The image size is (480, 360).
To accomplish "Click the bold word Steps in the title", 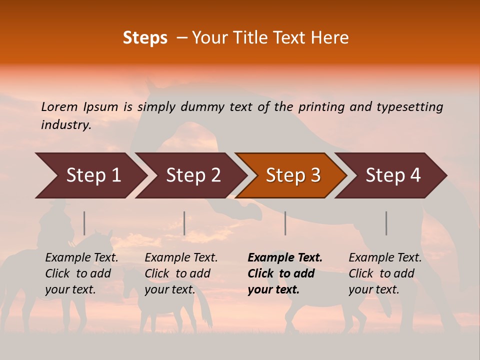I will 145,38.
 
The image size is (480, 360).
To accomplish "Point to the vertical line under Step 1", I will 84,223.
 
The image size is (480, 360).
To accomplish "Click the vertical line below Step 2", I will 184,223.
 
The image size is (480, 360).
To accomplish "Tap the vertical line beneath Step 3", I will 285,223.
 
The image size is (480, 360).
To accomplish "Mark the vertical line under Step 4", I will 386,223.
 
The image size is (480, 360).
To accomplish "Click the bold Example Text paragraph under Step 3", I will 284,273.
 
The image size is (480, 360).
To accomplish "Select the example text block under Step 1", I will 81,273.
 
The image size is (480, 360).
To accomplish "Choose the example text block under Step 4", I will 385,273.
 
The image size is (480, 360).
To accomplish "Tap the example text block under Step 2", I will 181,273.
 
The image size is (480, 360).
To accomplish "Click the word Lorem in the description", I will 60,107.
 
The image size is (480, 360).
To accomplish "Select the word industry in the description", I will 65,125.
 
